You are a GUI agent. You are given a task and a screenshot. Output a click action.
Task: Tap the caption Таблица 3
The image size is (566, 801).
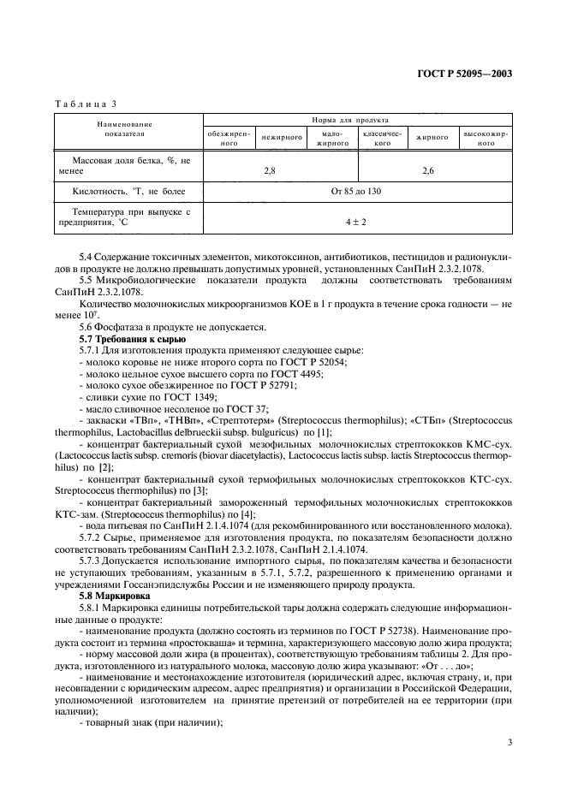pos(85,104)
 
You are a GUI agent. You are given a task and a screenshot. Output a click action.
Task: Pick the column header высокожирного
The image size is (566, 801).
pos(485,139)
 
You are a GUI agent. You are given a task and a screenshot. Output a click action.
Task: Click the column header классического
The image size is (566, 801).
pos(382,139)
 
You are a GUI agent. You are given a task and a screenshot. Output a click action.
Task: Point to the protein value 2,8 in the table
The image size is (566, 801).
pos(270,171)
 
